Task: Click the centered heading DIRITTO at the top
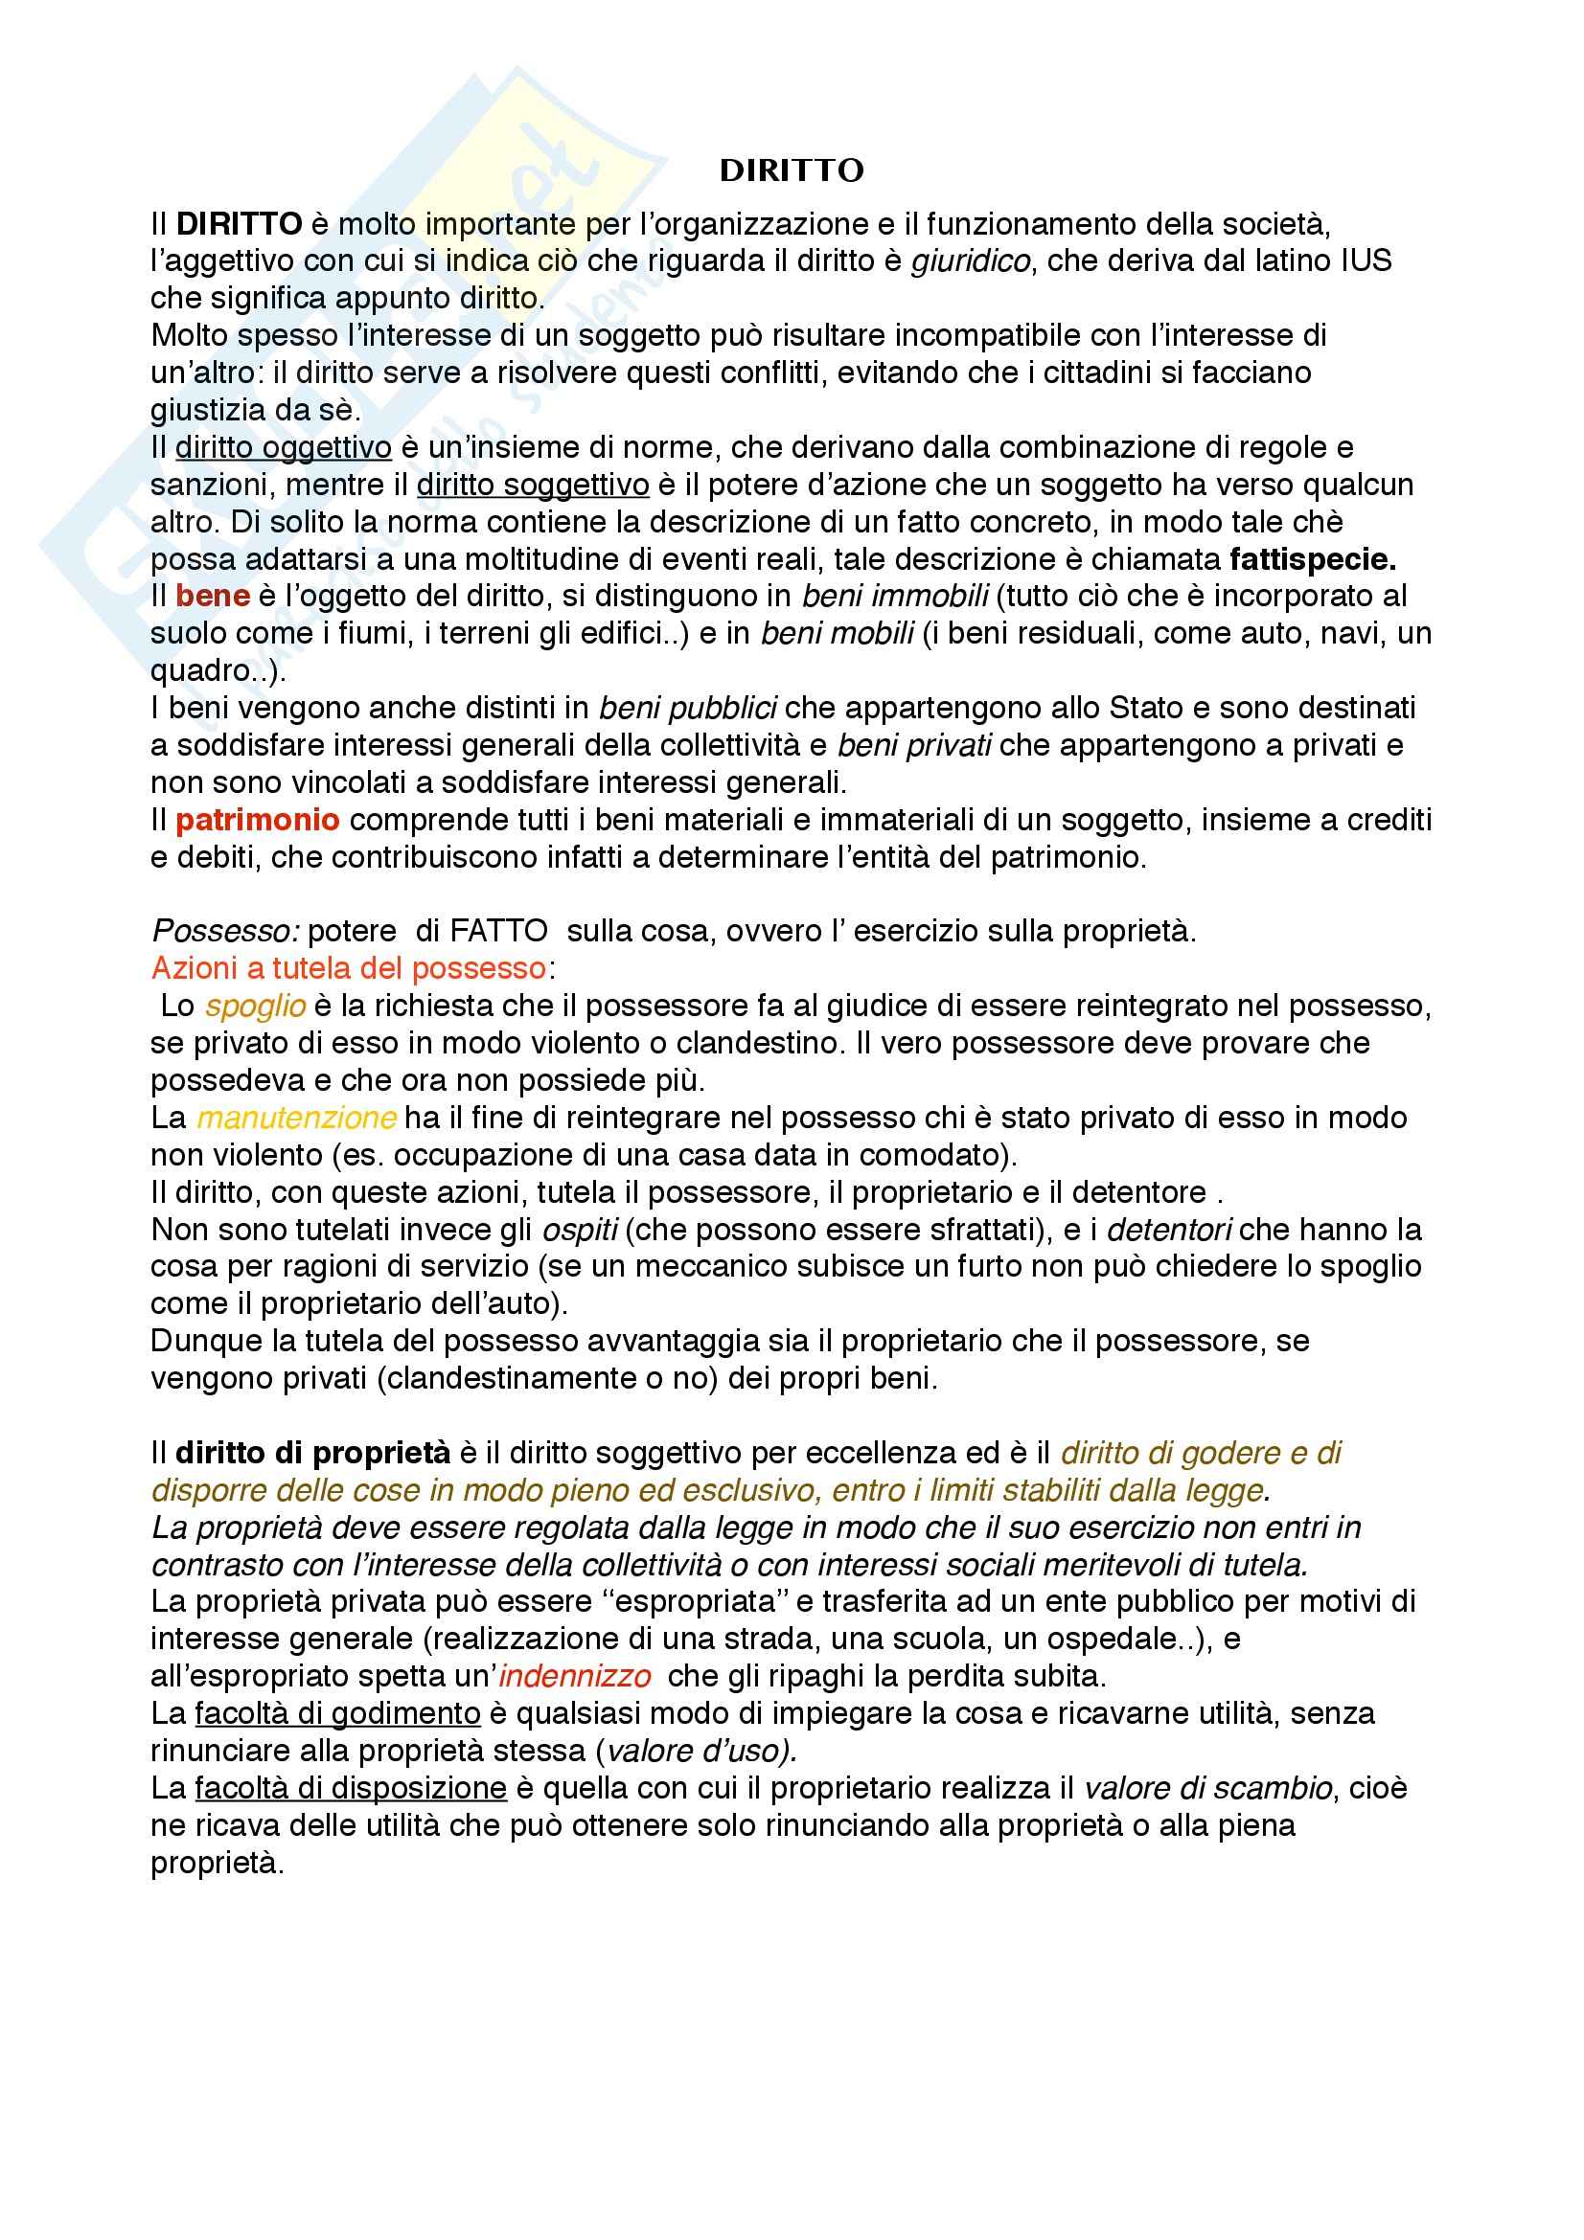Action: pyautogui.click(x=792, y=171)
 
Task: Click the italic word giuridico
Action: pyautogui.click(x=970, y=261)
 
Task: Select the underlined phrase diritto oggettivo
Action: pyautogui.click(x=283, y=448)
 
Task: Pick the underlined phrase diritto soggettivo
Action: pyautogui.click(x=533, y=485)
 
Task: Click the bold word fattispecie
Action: pyautogui.click(x=1313, y=560)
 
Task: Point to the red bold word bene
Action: pyautogui.click(x=213, y=596)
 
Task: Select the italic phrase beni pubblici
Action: pyautogui.click(x=688, y=709)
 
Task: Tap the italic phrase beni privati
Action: pyautogui.click(x=914, y=745)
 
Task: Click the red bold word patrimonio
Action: pyautogui.click(x=258, y=821)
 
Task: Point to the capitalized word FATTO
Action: pyautogui.click(x=498, y=932)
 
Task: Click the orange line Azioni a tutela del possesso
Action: pyautogui.click(x=349, y=969)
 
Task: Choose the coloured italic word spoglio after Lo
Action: pyautogui.click(x=256, y=1006)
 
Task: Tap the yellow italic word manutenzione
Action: pyautogui.click(x=297, y=1118)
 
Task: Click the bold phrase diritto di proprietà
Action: pyautogui.click(x=313, y=1454)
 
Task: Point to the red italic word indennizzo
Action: pyautogui.click(x=575, y=1677)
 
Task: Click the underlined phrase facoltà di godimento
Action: pyautogui.click(x=337, y=1714)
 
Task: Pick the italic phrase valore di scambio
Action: pyautogui.click(x=1208, y=1789)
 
